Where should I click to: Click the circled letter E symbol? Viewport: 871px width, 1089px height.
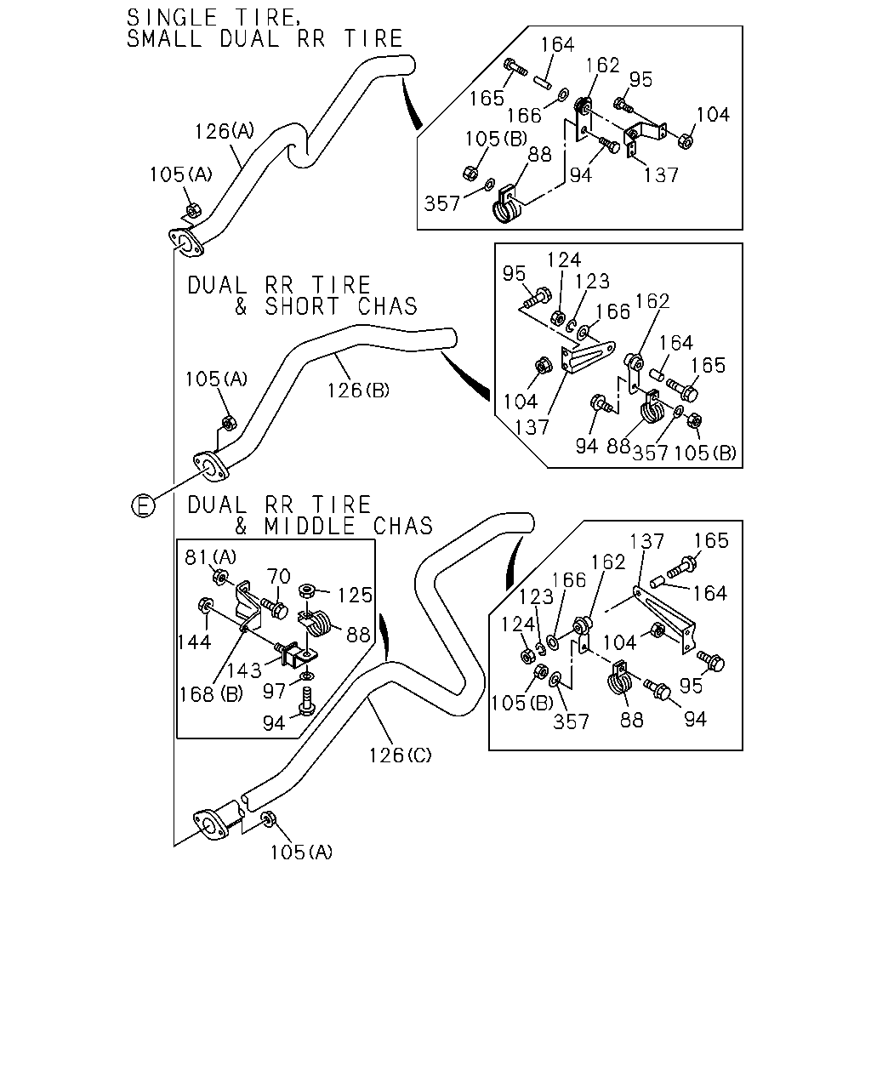coord(143,505)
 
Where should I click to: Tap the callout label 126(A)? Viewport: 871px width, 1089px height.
coord(225,132)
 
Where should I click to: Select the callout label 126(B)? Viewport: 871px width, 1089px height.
coord(358,391)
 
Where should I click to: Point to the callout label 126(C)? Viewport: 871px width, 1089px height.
coord(401,755)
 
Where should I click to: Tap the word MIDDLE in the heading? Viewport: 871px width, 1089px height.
coord(310,527)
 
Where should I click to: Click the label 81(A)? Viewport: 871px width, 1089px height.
coord(211,557)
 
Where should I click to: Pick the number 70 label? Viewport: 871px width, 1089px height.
coord(279,576)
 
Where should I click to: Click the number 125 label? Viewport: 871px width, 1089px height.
coord(356,596)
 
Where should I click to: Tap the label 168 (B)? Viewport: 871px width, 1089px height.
coord(211,694)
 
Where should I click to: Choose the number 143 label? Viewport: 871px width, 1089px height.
coord(244,670)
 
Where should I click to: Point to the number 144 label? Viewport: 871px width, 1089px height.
coord(194,642)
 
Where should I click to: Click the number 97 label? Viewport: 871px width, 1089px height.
coord(274,691)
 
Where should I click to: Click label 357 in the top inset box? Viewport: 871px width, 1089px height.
coord(441,204)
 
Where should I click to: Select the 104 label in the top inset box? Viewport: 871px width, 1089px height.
coord(713,115)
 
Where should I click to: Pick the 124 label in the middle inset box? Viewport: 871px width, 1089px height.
coord(564,260)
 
